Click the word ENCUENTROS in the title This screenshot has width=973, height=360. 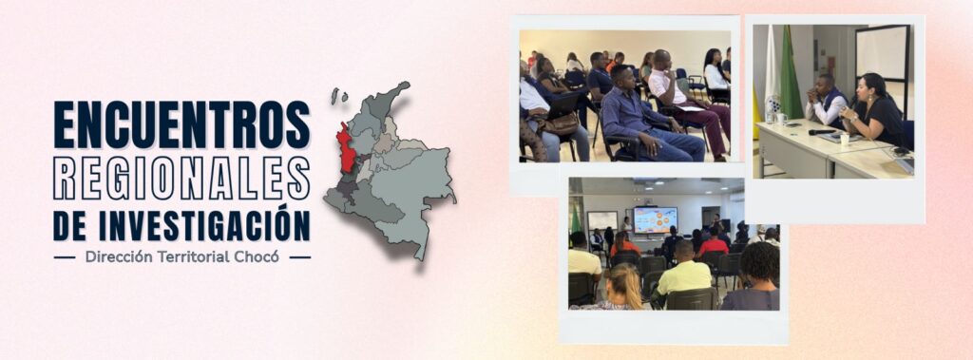click(181, 124)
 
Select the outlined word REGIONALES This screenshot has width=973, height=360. click(181, 179)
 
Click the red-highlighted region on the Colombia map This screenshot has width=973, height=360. click(346, 148)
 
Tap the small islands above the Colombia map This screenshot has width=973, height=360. click(338, 95)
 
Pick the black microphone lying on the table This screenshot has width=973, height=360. click(822, 132)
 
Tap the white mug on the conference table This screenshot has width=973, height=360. click(844, 139)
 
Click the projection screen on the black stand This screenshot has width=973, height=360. click(882, 53)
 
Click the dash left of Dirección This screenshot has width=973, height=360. click(65, 257)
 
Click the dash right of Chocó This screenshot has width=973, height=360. click(299, 257)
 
